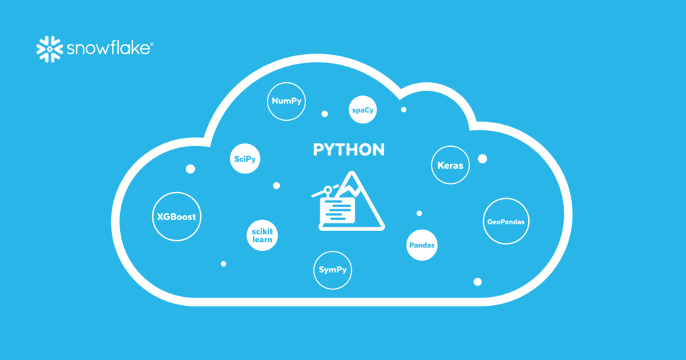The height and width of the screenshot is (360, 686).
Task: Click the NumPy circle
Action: click(x=286, y=101)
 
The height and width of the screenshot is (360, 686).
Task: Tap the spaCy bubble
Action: click(x=364, y=110)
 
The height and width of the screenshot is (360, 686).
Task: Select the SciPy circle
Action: click(x=245, y=159)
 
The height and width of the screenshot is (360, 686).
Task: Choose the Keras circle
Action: click(x=450, y=165)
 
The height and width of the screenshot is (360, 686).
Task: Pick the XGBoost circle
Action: click(x=176, y=217)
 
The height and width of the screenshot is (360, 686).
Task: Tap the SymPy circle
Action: click(x=333, y=269)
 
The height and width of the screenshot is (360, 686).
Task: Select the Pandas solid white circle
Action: click(x=422, y=245)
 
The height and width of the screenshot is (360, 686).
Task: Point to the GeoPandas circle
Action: click(x=508, y=221)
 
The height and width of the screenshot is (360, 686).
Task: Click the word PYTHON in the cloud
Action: click(x=348, y=150)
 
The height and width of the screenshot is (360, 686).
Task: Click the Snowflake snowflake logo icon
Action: click(x=49, y=48)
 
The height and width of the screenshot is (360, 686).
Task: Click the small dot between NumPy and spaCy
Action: click(x=324, y=114)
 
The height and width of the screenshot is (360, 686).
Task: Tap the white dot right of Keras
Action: click(x=482, y=159)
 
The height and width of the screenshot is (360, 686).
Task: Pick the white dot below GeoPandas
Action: click(x=477, y=282)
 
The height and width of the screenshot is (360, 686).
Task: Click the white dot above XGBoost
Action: click(x=190, y=169)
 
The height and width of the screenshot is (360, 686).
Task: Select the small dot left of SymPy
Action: click(x=224, y=263)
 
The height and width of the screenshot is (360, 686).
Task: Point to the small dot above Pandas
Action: click(x=419, y=213)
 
